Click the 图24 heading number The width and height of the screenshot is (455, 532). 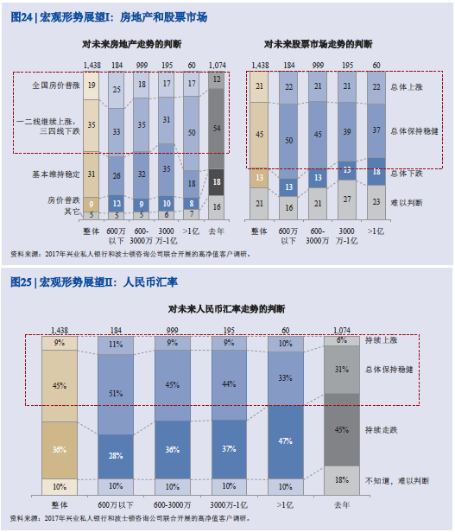22,17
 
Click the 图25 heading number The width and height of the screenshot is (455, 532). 21,282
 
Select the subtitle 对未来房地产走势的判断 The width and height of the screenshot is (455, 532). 131,44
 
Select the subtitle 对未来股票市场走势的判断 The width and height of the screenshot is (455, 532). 319,44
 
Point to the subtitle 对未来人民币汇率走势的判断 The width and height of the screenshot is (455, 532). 227,309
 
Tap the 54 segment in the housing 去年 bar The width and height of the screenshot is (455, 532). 217,129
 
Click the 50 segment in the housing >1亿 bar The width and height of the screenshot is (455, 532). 192,133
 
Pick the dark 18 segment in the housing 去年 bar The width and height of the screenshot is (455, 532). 217,182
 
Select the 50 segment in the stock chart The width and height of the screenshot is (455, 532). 288,141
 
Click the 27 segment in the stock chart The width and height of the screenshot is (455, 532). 347,199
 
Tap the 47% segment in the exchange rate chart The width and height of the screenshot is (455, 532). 286,441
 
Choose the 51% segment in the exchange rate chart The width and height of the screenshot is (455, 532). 116,394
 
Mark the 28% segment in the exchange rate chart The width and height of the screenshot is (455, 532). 116,456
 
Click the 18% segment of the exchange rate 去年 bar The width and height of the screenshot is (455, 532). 342,480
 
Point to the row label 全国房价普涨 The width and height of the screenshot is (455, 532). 56,85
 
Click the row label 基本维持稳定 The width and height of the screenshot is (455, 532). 56,174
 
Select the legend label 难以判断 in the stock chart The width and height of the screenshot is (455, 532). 407,203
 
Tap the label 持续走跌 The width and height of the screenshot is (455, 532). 381,430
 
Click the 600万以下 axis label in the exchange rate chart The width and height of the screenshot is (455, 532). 116,505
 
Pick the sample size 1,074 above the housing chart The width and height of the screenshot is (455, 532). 218,65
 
